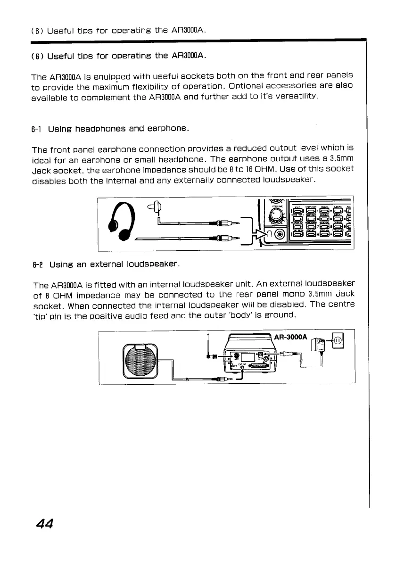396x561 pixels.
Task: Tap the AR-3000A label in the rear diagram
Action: [x=290, y=338]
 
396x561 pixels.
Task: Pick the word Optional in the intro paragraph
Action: [x=253, y=87]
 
